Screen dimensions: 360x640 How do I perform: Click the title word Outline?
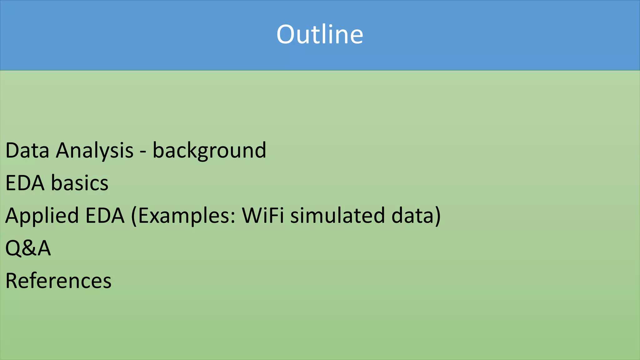(320, 34)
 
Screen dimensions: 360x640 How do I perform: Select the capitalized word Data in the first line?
(27, 151)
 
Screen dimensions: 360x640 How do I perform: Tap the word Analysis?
(95, 151)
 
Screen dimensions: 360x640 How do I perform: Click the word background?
(209, 151)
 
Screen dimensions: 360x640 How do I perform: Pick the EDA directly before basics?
(25, 183)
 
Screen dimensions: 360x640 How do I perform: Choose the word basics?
(80, 183)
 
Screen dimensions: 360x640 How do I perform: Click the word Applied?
(42, 216)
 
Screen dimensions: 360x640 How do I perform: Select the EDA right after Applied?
(105, 216)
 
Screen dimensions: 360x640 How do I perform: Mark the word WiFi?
(263, 216)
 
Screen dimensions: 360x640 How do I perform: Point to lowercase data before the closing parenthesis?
(412, 216)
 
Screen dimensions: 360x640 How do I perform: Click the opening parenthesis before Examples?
(134, 216)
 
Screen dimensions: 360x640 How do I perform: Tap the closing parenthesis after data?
(437, 216)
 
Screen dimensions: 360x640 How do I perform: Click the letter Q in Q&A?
(13, 248)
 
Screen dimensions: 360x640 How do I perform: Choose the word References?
(58, 281)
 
